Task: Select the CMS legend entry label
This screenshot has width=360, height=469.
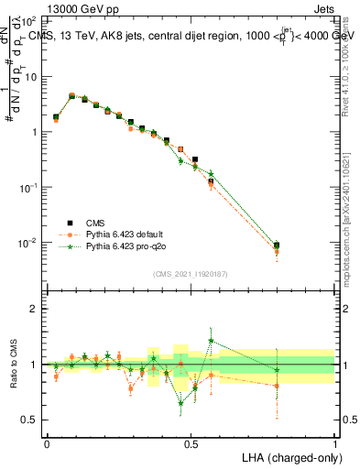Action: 95,223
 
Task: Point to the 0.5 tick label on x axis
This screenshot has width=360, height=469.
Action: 191,443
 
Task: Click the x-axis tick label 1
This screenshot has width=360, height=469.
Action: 335,443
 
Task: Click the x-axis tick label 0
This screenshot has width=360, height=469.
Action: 47,443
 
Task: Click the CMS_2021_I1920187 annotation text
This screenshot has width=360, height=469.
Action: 191,274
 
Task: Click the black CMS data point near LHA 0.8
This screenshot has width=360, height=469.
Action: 277,245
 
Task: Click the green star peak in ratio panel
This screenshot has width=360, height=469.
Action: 212,340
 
